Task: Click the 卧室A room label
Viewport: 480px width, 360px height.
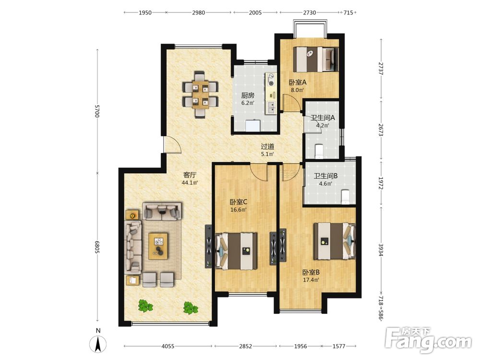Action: coord(298,83)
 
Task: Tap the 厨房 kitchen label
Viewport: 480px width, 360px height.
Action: coord(247,96)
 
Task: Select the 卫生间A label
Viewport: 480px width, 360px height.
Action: coord(323,118)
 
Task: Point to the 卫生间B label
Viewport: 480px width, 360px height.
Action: coord(325,176)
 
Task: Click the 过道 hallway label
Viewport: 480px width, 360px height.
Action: coord(267,146)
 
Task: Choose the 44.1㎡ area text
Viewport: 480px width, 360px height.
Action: coord(190,183)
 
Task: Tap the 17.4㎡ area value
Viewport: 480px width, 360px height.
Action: coord(311,280)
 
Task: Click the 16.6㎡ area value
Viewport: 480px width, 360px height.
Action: coord(239,210)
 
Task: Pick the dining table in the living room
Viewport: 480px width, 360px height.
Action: coord(201,94)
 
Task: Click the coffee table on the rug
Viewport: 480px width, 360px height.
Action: coord(158,246)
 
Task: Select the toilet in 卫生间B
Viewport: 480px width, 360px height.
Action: coord(345,196)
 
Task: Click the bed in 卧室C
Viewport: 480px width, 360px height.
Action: coord(236,251)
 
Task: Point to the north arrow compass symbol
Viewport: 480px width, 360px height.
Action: coord(98,344)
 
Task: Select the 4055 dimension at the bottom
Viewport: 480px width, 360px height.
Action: coord(168,346)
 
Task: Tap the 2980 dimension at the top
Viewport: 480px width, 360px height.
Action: coord(198,12)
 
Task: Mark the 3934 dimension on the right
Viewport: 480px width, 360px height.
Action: coord(381,250)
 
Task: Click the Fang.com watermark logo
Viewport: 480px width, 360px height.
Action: coord(428,340)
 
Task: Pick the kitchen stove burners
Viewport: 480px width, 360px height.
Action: coord(271,79)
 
